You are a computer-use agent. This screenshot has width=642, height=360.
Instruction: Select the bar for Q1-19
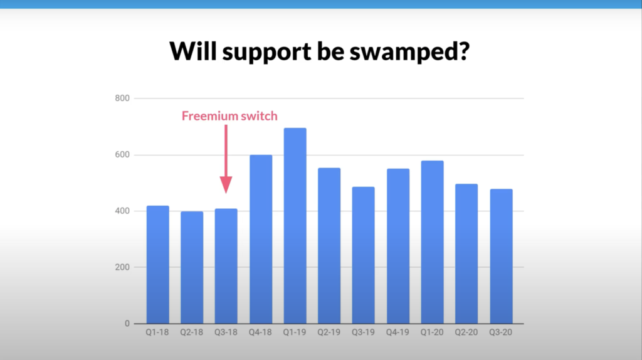(x=295, y=226)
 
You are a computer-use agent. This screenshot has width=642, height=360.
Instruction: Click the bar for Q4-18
(x=261, y=239)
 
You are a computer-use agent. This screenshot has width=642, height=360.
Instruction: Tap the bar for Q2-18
(x=192, y=267)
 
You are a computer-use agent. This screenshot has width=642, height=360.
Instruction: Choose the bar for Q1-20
(x=432, y=242)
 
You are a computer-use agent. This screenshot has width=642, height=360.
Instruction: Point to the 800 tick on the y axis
(x=122, y=98)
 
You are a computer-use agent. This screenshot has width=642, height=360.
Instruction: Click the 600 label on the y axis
(x=122, y=155)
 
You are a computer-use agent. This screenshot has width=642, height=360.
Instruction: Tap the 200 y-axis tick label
(x=122, y=267)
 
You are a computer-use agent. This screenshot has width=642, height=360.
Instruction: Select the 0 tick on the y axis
(x=127, y=324)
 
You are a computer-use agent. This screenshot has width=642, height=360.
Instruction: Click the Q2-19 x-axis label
(x=329, y=333)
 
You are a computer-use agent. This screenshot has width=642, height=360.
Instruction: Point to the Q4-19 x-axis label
(x=397, y=333)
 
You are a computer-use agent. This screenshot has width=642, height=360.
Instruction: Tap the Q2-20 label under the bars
(x=466, y=333)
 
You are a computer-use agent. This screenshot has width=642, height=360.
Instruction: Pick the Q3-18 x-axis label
(x=226, y=333)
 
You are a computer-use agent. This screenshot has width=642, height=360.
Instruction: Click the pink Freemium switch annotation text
(x=229, y=116)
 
